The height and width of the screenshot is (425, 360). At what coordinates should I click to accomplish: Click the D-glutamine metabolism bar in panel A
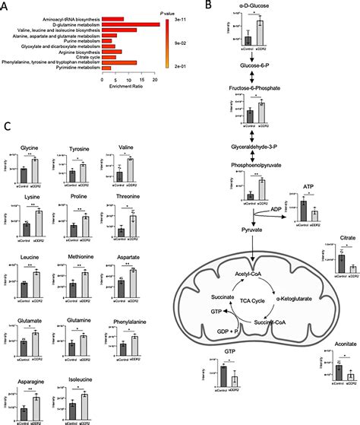point(129,25)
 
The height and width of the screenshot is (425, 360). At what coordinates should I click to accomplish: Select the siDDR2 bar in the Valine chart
point(129,170)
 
